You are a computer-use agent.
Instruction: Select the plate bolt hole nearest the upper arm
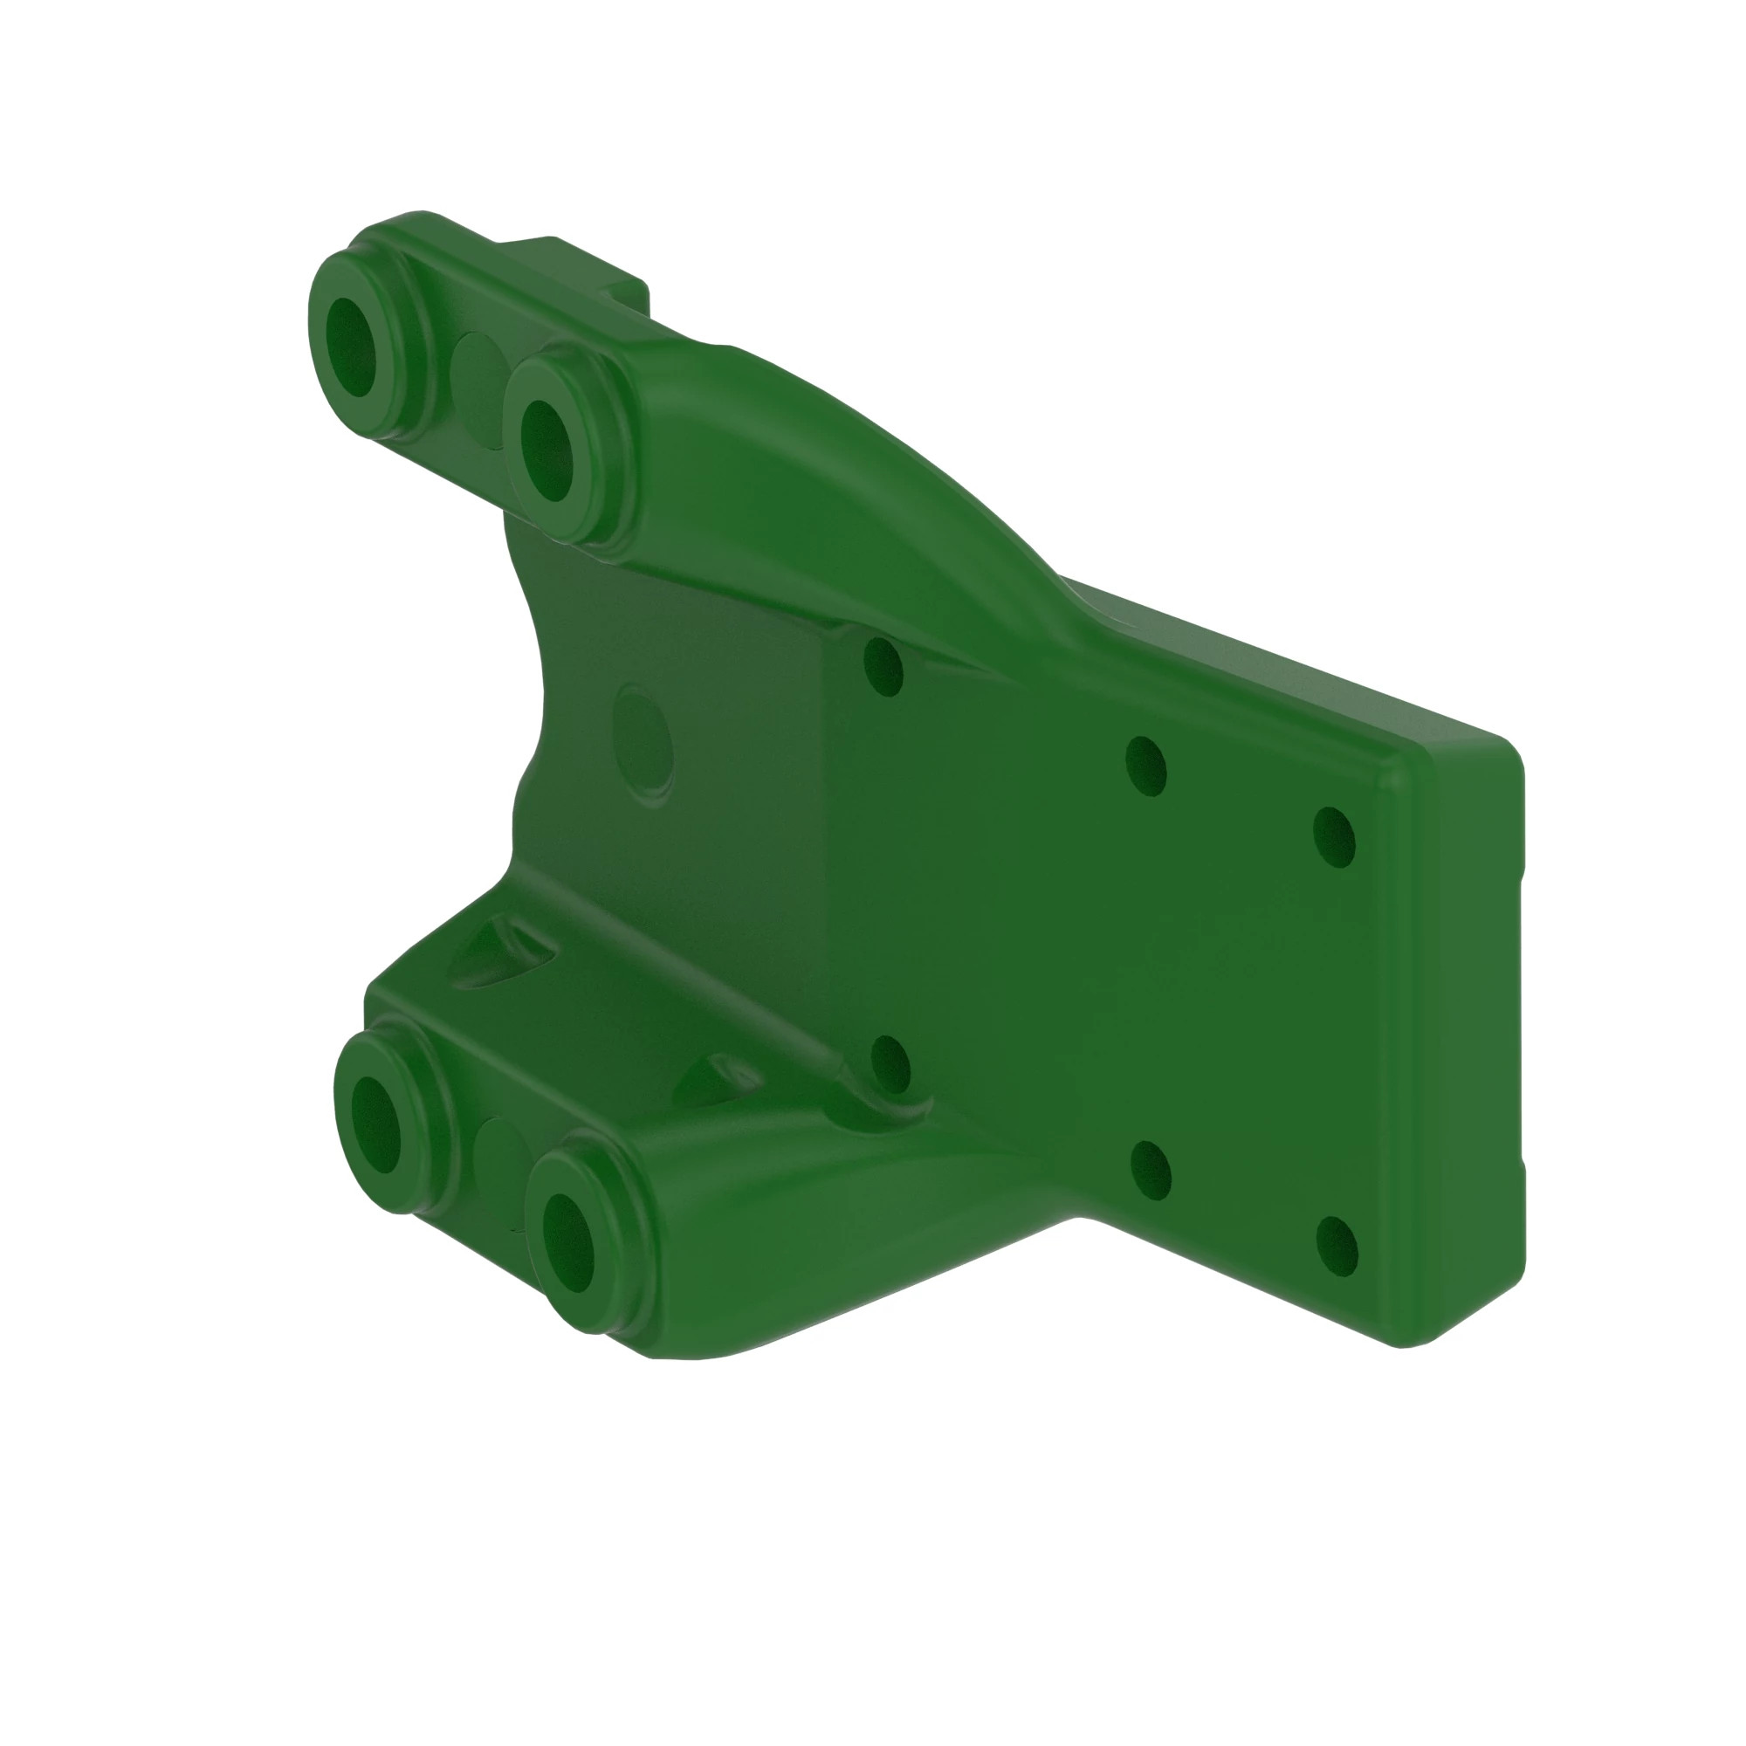click(x=883, y=667)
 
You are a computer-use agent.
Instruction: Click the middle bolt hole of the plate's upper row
click(x=1146, y=766)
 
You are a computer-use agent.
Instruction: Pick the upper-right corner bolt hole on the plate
click(x=1334, y=837)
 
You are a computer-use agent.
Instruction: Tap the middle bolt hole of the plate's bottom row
click(x=1151, y=1171)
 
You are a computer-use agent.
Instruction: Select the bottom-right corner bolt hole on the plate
click(x=1337, y=1248)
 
